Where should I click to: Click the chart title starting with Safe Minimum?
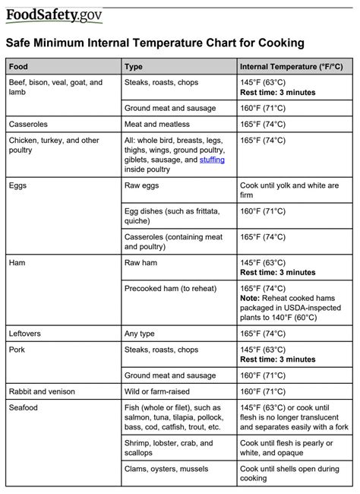(x=155, y=43)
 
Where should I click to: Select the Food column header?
(x=19, y=67)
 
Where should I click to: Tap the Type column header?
(x=134, y=67)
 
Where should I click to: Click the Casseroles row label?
(x=30, y=124)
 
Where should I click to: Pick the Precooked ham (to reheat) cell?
(x=169, y=289)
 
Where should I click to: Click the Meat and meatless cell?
(x=156, y=124)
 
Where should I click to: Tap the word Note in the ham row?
(x=250, y=298)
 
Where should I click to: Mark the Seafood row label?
(x=24, y=408)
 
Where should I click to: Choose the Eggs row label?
(x=18, y=185)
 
